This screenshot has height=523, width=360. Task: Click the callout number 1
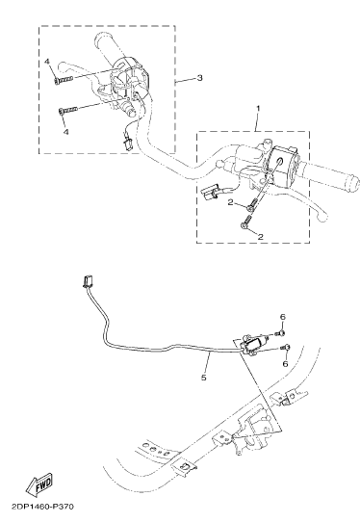point(257,109)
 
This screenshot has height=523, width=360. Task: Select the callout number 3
point(199,78)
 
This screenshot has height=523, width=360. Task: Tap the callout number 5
point(204,378)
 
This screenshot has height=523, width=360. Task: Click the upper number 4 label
point(47,62)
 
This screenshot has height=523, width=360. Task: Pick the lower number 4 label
point(66,132)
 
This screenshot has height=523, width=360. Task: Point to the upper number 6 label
point(283,317)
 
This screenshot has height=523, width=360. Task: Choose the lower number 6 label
point(285,363)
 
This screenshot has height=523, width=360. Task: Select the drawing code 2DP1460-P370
point(42,507)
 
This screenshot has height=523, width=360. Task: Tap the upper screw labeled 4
point(64,80)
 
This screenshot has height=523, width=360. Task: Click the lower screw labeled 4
point(68,110)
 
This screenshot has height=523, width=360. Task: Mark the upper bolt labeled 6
point(280,333)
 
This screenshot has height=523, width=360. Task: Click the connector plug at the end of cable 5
point(87,281)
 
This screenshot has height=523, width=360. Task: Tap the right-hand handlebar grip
point(332,175)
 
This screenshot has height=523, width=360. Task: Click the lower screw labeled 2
point(245,222)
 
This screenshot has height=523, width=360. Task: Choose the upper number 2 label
point(230,202)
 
